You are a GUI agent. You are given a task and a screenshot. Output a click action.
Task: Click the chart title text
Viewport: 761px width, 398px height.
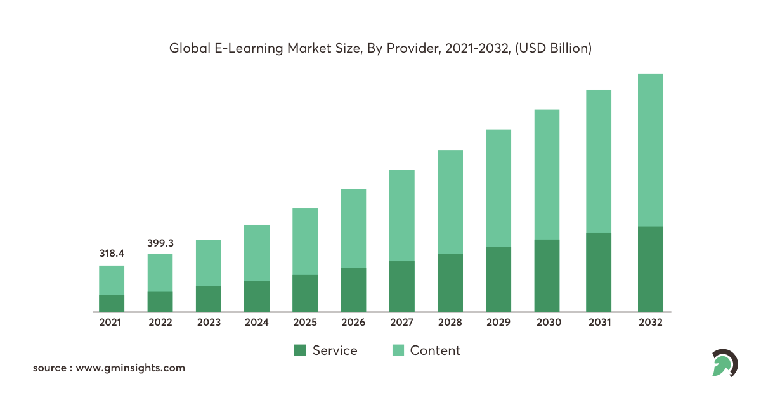click(380, 48)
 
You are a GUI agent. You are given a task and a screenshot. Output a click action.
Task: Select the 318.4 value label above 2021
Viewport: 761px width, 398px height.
click(112, 253)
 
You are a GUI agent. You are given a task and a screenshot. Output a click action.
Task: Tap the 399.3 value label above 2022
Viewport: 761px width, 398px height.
click(160, 242)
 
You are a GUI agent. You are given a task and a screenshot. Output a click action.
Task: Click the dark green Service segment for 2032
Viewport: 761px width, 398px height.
click(650, 269)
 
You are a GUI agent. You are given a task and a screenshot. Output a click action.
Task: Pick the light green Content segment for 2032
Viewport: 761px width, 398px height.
click(650, 150)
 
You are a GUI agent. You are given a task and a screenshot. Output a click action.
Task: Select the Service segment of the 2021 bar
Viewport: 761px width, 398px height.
click(112, 303)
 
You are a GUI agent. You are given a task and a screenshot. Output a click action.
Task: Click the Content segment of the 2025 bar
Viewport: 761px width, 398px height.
click(305, 241)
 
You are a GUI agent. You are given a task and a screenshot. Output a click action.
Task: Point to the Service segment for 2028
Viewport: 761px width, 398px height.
click(450, 283)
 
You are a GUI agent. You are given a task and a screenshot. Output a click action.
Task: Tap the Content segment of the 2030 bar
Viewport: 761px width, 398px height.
click(547, 174)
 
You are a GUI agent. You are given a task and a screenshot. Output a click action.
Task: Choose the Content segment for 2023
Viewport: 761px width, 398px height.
click(209, 263)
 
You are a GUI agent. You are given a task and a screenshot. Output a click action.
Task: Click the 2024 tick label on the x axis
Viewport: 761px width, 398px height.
click(257, 323)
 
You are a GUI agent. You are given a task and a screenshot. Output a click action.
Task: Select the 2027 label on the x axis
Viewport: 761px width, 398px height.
click(401, 323)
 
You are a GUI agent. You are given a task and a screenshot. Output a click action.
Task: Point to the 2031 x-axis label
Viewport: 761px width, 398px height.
click(599, 323)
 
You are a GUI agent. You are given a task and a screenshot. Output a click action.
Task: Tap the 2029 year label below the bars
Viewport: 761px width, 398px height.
click(498, 323)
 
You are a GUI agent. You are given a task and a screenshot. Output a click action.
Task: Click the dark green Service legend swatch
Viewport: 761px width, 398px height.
click(301, 350)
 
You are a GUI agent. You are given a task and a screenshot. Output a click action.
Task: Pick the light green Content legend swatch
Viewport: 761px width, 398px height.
click(398, 350)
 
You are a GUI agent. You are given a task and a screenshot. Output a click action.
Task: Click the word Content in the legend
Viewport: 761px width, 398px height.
click(435, 350)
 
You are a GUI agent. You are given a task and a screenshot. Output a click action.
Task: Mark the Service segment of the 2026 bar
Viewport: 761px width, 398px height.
click(353, 290)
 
